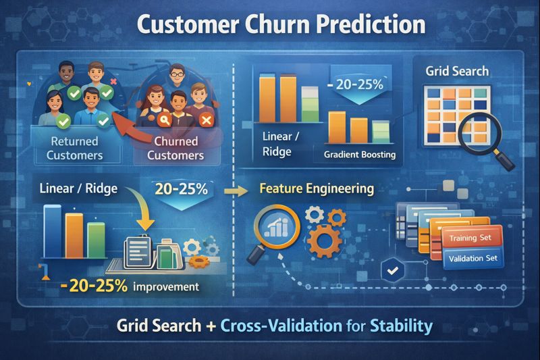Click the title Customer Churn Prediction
coord(281,25)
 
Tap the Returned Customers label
coord(74,148)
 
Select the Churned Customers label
coord(176,148)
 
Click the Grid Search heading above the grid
coord(457,71)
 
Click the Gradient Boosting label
coord(359,155)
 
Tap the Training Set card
coord(475,238)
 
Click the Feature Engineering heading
coord(316,188)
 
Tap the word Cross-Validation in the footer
coord(284,326)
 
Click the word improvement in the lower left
coord(166,286)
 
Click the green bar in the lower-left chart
coord(97,241)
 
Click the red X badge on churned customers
coord(207,120)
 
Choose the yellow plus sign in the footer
coord(211,326)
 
